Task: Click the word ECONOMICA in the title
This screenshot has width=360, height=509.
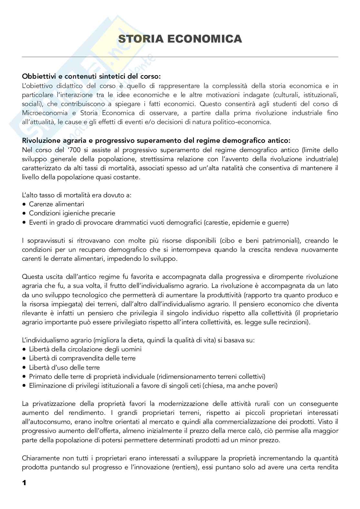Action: pyautogui.click(x=205, y=39)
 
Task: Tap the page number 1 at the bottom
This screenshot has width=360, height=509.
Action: pyautogui.click(x=24, y=483)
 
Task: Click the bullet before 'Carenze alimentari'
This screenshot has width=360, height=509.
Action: pyautogui.click(x=24, y=204)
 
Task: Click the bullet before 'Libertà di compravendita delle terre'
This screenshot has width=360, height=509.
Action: pyautogui.click(x=24, y=358)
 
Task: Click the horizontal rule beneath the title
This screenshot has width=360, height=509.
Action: pyautogui.click(x=180, y=57)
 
